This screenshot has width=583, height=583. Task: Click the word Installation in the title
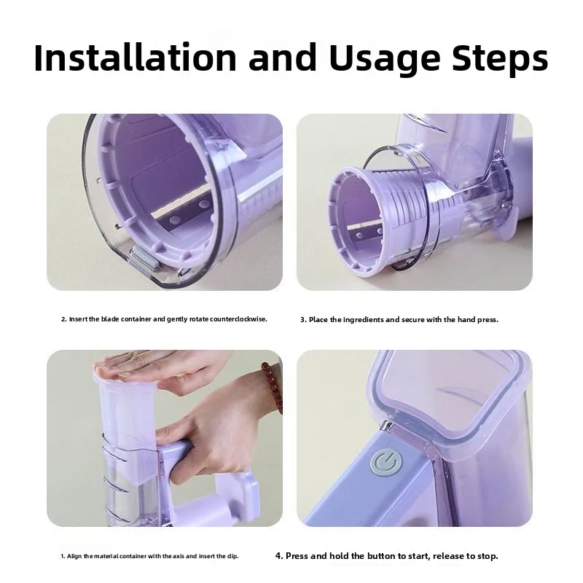tap(136, 58)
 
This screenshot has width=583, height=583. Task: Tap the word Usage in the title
tap(385, 60)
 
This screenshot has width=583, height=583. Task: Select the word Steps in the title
tap(500, 60)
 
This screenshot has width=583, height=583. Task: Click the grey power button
tap(387, 463)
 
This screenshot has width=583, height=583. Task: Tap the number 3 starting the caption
tap(302, 320)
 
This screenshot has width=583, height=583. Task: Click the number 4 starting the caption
tap(279, 556)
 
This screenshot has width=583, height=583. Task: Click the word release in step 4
tap(448, 556)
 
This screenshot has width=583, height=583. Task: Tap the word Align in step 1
tap(74, 556)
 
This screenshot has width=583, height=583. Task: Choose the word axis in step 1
tap(179, 556)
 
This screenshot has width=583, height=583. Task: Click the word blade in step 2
tap(110, 319)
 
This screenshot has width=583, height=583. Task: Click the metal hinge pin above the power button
tap(387, 426)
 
